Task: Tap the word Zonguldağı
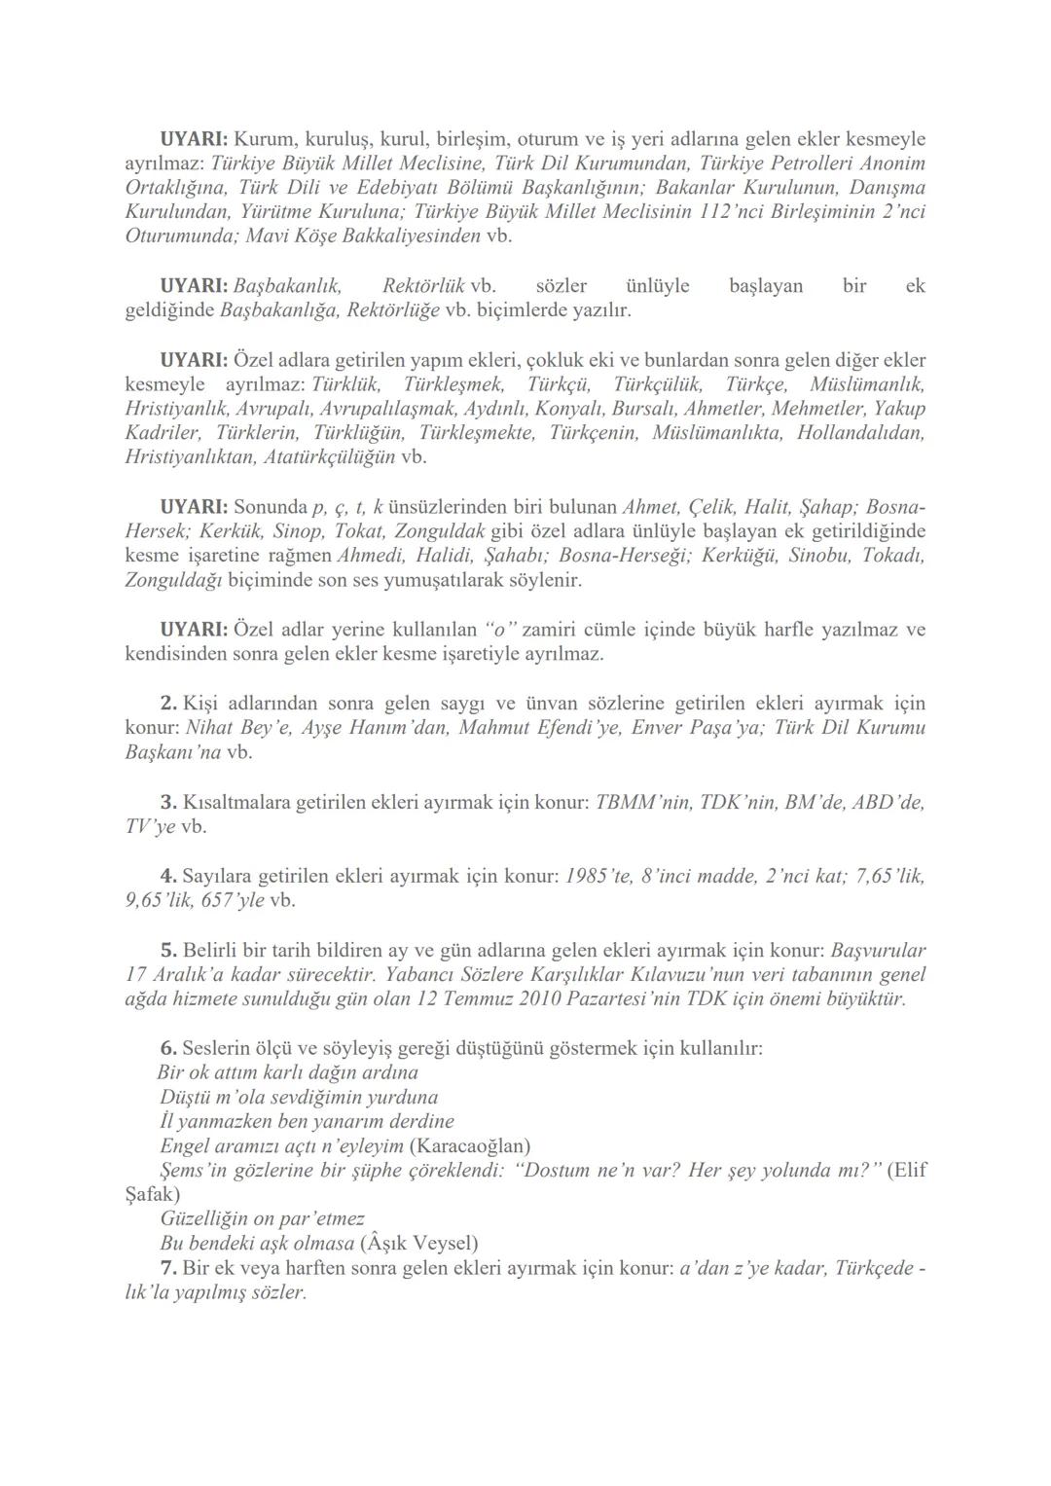point(174,580)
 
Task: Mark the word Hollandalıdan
point(860,432)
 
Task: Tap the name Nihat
point(212,727)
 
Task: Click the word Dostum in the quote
point(562,1170)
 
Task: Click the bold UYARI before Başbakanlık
point(194,286)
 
